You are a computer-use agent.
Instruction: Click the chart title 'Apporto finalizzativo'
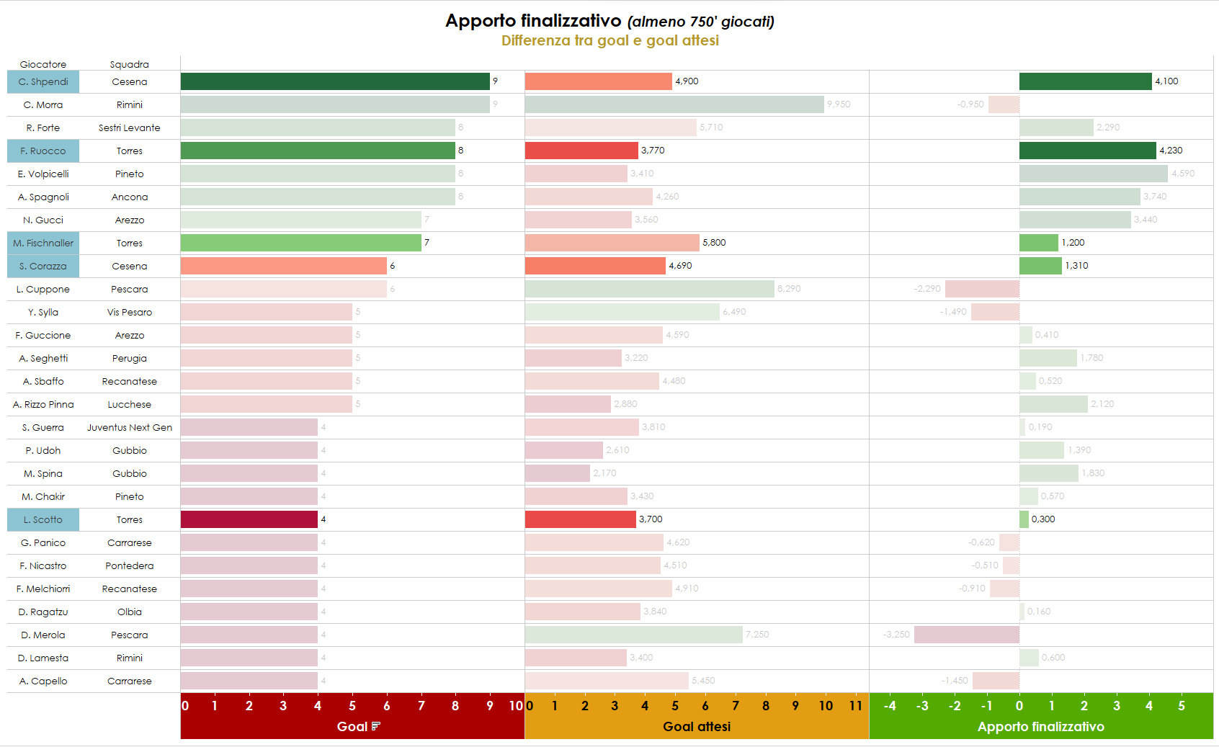(532, 21)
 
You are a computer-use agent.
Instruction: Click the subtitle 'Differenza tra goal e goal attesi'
(609, 40)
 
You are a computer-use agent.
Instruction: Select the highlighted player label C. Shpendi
(43, 82)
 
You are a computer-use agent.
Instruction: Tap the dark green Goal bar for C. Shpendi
(335, 81)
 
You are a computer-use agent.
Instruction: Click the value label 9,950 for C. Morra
(839, 104)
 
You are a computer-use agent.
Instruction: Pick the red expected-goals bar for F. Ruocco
(581, 151)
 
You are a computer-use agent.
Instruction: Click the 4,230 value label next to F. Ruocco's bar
(1171, 151)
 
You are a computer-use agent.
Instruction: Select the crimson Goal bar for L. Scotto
(249, 519)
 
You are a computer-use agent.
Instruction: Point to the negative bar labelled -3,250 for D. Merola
(966, 635)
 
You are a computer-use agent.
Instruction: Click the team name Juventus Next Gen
(130, 428)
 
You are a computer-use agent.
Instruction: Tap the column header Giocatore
(43, 64)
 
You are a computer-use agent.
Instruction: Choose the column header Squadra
(130, 64)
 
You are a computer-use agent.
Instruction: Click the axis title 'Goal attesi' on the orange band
(696, 727)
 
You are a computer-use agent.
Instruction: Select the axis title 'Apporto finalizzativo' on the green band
(1040, 727)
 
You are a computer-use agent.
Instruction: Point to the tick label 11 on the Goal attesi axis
(855, 706)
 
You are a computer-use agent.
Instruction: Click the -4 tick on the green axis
(890, 706)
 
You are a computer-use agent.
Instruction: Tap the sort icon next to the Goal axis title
(375, 726)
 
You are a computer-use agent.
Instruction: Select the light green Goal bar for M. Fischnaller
(301, 243)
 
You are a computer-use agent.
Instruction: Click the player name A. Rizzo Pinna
(43, 405)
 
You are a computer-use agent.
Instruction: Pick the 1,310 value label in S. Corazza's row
(1076, 266)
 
